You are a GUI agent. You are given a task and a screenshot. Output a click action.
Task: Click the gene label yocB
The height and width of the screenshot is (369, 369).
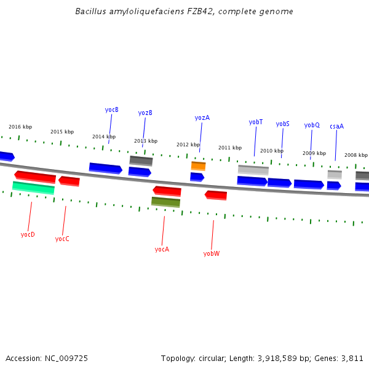[x=111, y=110]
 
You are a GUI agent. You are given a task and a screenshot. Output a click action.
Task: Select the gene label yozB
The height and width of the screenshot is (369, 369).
[x=145, y=113]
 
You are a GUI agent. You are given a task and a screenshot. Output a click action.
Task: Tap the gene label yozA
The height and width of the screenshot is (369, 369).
[x=202, y=118]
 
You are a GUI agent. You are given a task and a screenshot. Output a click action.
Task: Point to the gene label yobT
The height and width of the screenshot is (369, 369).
[x=256, y=122]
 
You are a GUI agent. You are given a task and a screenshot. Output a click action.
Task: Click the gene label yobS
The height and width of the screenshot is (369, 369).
[x=282, y=124]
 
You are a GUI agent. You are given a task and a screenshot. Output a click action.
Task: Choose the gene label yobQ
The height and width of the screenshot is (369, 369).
[x=312, y=125]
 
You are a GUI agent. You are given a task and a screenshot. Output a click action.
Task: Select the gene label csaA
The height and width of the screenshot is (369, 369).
[x=336, y=127]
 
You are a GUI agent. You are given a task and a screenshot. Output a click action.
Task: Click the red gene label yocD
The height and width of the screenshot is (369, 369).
[x=28, y=234]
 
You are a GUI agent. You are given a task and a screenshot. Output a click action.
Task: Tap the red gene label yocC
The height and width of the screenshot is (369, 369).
[x=62, y=239]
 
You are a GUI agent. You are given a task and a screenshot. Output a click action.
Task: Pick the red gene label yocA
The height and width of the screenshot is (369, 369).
[x=162, y=249]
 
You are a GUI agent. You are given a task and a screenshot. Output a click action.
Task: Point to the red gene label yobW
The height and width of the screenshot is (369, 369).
[x=212, y=253]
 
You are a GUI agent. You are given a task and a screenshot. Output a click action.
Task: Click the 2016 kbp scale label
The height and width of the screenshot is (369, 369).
[x=20, y=127]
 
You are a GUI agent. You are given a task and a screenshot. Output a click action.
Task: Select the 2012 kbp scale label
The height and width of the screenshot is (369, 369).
[x=188, y=145]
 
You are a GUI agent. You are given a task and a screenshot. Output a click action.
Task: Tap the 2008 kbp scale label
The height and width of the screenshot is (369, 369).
[x=356, y=156]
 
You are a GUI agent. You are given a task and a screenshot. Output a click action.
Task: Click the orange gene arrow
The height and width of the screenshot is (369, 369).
[x=198, y=166]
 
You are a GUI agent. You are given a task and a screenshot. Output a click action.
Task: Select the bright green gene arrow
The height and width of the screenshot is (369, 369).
[x=33, y=188]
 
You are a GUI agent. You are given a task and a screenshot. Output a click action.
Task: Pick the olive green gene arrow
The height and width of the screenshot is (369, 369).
[x=165, y=202]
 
